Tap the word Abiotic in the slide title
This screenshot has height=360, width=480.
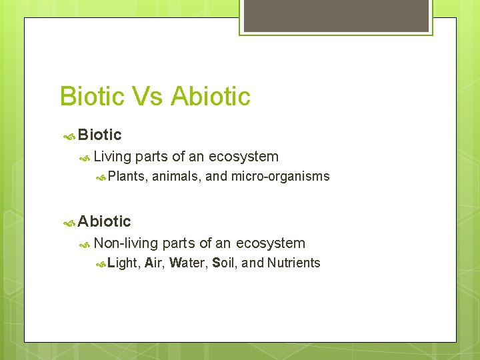(x=211, y=97)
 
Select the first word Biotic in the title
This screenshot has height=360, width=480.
(x=92, y=97)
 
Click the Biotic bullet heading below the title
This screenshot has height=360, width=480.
(x=99, y=135)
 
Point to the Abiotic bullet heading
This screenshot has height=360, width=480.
(x=104, y=221)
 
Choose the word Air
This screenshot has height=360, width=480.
(x=153, y=263)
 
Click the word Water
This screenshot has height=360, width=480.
(x=188, y=263)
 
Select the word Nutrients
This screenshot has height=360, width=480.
(x=293, y=263)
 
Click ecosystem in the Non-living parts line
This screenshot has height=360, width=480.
(x=270, y=243)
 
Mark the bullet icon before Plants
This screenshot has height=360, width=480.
(x=101, y=177)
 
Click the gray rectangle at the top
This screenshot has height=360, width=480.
(x=336, y=15)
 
